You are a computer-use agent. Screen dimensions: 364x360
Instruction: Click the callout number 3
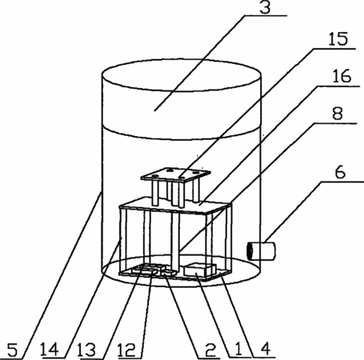coord(265,7)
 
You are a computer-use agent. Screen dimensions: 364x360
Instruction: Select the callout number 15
coord(338,39)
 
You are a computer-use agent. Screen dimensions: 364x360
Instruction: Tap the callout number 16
coord(342,76)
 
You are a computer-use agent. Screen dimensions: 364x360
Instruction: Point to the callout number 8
coord(338,114)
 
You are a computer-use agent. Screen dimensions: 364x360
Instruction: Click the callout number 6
coord(340,172)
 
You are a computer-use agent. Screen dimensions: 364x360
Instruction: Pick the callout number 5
coord(13,350)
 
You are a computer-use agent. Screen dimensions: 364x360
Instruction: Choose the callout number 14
coord(50,350)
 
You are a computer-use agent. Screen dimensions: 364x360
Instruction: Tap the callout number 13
coord(86,350)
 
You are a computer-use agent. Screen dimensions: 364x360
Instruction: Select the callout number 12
coord(126,350)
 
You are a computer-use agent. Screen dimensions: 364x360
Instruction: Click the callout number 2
coord(210,350)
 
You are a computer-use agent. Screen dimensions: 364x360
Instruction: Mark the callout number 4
coord(266,350)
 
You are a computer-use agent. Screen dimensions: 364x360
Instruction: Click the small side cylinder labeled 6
coord(261,251)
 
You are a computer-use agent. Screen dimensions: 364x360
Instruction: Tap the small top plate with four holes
coord(176,175)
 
